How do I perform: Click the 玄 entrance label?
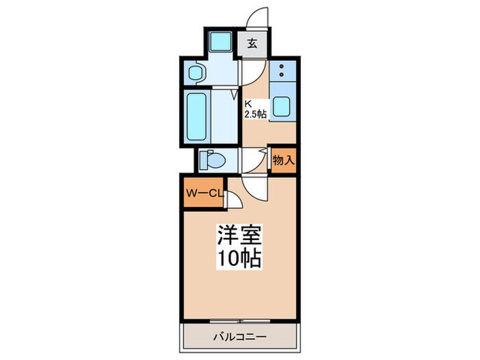(252, 44)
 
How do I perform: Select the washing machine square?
(221, 43)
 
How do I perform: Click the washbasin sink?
(194, 73)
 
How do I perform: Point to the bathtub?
(197, 117)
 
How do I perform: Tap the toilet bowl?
(214, 160)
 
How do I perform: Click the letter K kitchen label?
(249, 104)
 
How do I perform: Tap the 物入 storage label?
(283, 162)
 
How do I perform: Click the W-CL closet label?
(204, 194)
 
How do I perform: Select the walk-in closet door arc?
(232, 198)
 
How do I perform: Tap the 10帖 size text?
(240, 259)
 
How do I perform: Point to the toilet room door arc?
(250, 163)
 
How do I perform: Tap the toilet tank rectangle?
(203, 160)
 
